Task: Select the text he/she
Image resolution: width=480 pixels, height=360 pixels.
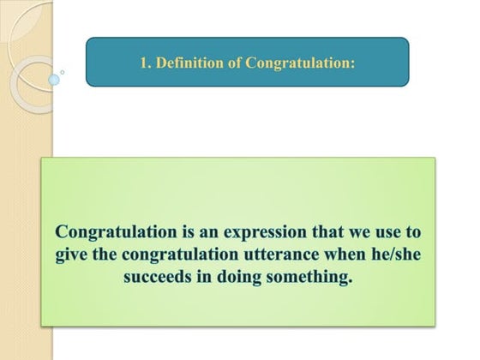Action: coord(403,255)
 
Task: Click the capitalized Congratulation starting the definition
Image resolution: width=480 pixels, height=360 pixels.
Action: coord(108,232)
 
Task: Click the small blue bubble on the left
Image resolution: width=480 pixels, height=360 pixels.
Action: coord(55,80)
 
